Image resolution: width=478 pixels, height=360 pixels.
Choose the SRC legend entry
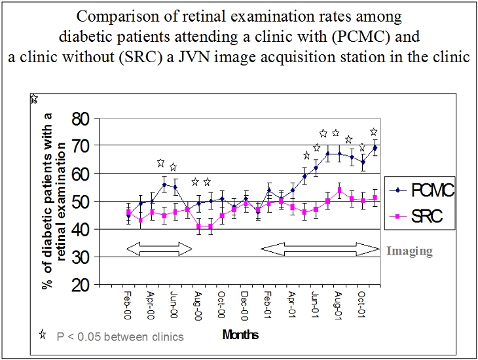pos(419,217)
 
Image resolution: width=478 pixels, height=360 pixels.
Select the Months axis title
pos(240,335)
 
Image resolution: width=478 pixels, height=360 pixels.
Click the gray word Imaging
pos(409,251)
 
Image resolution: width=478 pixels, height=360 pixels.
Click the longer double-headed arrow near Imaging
pos(320,248)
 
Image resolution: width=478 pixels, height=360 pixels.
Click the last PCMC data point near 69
pos(375,148)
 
